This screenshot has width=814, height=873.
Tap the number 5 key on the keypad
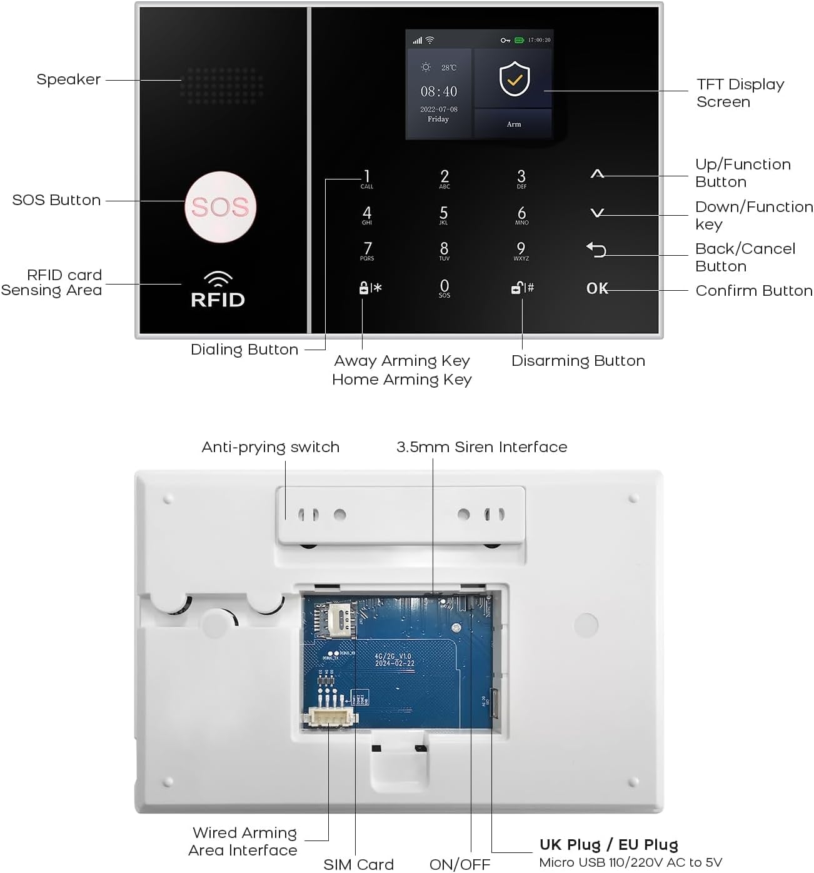(444, 214)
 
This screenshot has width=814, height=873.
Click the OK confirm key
(596, 288)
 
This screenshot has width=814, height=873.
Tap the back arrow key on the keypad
(596, 250)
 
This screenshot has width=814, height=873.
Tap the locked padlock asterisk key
(370, 288)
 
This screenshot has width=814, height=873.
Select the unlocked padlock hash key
(522, 288)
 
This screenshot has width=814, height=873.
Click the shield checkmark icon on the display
(514, 79)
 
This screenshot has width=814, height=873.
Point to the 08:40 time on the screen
(438, 92)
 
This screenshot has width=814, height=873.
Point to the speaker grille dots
(222, 86)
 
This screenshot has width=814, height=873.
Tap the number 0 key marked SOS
(445, 288)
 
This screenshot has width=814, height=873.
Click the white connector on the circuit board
(329, 719)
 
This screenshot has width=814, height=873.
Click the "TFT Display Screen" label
(740, 93)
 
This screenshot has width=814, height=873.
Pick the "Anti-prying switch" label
(270, 447)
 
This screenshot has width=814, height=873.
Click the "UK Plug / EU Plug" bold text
(608, 845)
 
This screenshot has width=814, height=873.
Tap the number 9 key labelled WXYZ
(521, 251)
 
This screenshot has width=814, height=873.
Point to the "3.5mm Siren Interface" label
(481, 447)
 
